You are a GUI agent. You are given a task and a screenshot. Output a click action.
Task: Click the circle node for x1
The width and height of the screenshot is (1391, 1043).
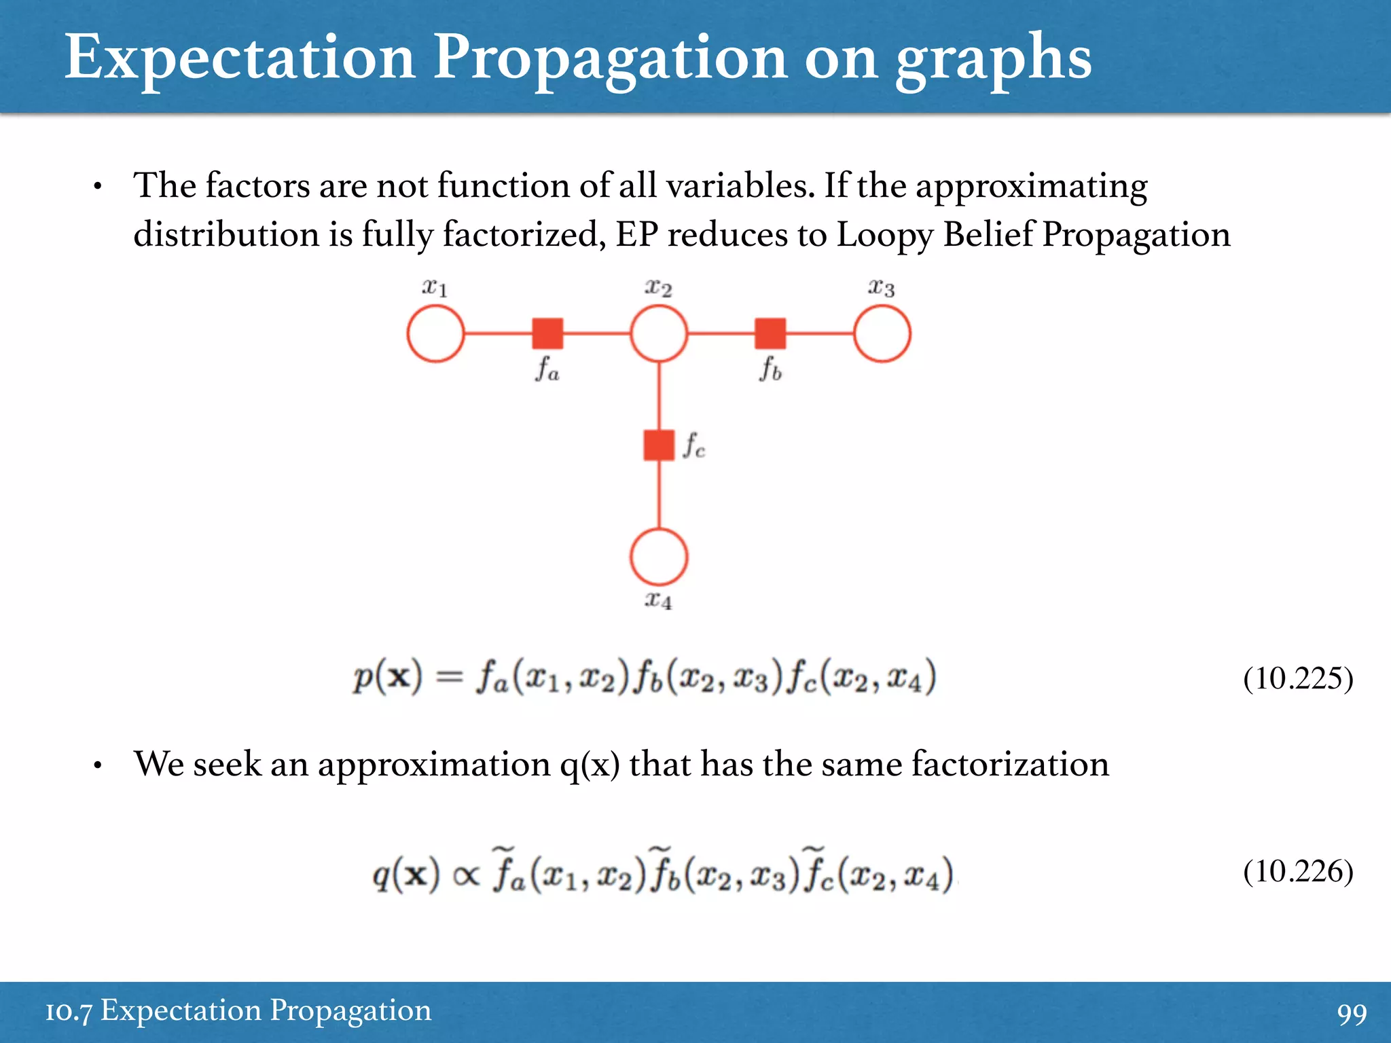click(x=435, y=333)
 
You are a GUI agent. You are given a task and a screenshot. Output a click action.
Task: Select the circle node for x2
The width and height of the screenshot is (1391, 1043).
click(x=658, y=333)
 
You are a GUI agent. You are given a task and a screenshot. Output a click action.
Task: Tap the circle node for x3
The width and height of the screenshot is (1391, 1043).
click(x=882, y=333)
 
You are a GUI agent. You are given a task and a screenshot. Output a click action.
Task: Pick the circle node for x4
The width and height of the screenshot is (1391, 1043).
click(x=658, y=557)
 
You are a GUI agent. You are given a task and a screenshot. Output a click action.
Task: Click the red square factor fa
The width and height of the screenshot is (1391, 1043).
click(x=547, y=333)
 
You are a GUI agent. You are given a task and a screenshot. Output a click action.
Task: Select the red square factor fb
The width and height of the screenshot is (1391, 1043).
click(x=770, y=333)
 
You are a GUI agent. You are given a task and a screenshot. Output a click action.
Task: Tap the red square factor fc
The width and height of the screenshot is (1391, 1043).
click(x=658, y=445)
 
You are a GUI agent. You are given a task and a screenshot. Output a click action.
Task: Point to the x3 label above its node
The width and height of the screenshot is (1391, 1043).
click(x=882, y=288)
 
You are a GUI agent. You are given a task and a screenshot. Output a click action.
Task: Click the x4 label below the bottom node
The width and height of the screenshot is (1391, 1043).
click(x=658, y=600)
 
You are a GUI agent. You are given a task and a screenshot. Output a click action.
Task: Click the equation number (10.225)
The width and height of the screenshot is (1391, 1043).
click(x=1298, y=678)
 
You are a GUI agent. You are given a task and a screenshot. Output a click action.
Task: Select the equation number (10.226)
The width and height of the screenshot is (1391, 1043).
click(x=1298, y=871)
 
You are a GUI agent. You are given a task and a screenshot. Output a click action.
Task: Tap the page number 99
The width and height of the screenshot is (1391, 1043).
click(x=1352, y=1014)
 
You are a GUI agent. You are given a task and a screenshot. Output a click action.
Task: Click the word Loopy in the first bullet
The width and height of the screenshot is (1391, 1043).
click(x=884, y=236)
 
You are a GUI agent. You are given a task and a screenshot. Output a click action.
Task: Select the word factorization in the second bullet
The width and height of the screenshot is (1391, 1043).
click(x=1010, y=764)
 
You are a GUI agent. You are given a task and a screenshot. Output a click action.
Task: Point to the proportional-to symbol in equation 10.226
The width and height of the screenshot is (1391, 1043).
click(x=466, y=876)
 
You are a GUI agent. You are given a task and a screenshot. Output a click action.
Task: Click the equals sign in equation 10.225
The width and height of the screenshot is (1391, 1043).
click(x=449, y=677)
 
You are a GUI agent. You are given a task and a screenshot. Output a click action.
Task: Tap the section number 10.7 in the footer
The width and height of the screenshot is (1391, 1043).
click(x=68, y=1012)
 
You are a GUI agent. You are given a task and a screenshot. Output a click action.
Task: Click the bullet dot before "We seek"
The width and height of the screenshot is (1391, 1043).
click(x=98, y=766)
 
